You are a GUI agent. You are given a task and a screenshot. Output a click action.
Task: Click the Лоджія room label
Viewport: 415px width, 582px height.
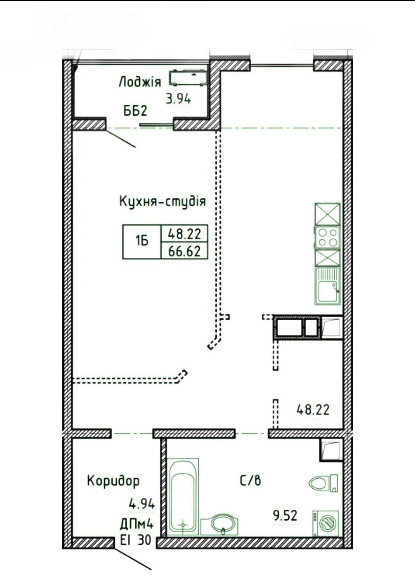pos(140,82)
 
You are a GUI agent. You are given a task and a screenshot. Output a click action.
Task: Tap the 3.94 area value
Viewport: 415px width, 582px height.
pos(178,99)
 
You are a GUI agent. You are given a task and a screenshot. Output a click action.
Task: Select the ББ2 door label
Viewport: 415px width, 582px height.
pos(135,111)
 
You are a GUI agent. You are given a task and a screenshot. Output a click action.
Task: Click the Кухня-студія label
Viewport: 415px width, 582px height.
pos(162,201)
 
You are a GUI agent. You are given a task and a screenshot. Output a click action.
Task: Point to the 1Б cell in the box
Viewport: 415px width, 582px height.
pos(142,242)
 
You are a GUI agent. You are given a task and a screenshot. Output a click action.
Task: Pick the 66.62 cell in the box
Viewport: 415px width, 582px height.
pos(184,251)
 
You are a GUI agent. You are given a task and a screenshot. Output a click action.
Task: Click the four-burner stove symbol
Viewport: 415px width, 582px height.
pos(328,237)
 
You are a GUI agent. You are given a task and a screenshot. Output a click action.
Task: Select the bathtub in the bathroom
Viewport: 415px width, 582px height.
pos(183,496)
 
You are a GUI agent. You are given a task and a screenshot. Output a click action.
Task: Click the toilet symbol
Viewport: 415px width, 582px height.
pos(323,483)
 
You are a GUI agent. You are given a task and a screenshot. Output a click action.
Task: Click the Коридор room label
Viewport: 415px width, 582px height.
pos(113,481)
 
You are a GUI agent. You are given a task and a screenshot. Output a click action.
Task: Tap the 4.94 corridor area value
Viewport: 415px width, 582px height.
pos(141,504)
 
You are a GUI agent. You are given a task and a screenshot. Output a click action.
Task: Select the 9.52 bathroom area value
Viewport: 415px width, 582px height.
pos(285,515)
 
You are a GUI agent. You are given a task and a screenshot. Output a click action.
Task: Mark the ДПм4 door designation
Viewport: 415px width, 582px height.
pos(136,524)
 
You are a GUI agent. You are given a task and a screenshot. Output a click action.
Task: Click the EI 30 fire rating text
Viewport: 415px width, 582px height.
pos(136,541)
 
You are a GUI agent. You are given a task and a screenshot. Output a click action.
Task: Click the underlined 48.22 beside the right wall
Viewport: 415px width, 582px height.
pos(313,409)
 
